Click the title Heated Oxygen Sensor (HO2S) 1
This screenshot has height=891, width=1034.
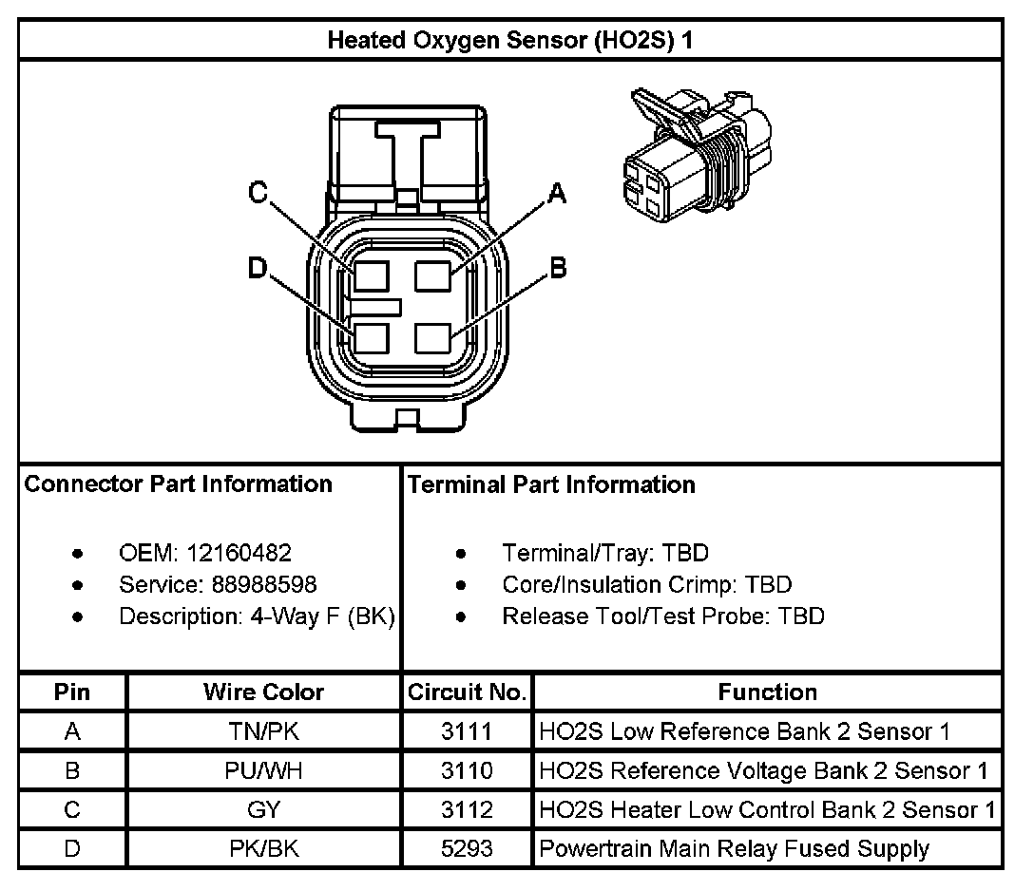click(516, 41)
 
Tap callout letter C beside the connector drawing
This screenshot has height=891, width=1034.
click(258, 193)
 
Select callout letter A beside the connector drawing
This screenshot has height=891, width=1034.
click(557, 195)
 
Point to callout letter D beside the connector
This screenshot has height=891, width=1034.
click(258, 269)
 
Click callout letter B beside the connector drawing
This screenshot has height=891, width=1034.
click(558, 269)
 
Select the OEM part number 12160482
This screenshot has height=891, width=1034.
click(239, 553)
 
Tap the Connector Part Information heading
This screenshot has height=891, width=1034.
click(179, 484)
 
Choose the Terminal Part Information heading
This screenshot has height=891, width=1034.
click(551, 484)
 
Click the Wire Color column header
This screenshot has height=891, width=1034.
click(263, 692)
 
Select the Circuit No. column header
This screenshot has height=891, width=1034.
click(467, 692)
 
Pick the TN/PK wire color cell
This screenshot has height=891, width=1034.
click(263, 731)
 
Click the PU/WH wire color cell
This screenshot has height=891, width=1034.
click(263, 770)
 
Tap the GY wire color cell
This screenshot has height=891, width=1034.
click(263, 809)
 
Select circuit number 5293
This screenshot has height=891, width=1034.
click(467, 848)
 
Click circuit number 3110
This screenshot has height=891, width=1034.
click(467, 770)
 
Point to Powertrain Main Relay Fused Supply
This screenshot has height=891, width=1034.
click(734, 848)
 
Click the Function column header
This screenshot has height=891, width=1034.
click(767, 692)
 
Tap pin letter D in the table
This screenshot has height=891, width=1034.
click(72, 848)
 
